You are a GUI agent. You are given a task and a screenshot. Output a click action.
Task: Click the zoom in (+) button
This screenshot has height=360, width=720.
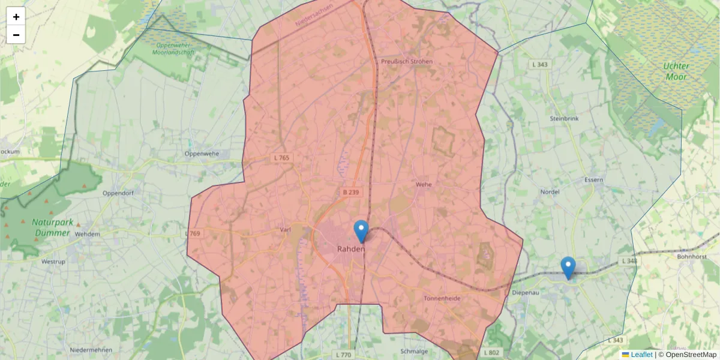coord(16,17)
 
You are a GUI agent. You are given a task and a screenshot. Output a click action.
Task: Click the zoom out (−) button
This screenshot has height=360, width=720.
coord(16,35)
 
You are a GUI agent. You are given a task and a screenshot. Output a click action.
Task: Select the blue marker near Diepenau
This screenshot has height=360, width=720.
coord(568,268)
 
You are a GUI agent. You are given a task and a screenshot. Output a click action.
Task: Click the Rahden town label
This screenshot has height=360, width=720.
coord(351,248)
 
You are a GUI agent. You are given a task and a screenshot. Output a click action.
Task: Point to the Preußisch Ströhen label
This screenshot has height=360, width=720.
coord(406,61)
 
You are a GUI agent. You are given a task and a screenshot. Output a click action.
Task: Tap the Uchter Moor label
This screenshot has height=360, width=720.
coord(677,71)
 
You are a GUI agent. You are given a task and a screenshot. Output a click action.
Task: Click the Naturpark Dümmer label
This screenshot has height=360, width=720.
coord(53,227)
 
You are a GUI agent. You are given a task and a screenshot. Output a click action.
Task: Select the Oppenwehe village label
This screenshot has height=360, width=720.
coord(202,154)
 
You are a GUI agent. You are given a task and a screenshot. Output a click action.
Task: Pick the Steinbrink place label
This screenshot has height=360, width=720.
coord(564,119)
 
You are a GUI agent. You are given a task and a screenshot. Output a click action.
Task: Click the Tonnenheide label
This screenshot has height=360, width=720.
coord(442,298)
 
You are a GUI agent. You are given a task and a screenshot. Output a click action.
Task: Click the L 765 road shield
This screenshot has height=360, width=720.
coord(281,158)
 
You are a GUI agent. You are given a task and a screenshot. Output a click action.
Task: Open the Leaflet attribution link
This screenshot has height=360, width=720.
coord(641,355)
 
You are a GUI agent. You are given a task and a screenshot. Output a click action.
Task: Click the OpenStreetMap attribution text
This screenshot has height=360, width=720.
coord(691,355)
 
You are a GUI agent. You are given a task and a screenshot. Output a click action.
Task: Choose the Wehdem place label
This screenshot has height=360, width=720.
coord(88,234)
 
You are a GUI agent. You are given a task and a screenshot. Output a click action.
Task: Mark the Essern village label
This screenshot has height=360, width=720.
coord(593,179)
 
